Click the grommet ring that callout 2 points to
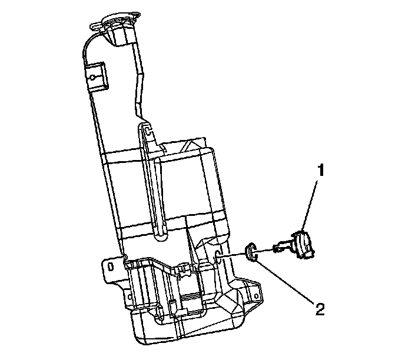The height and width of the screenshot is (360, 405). [252, 251]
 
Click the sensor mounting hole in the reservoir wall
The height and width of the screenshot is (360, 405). [218, 256]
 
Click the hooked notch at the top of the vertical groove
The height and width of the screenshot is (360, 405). [147, 128]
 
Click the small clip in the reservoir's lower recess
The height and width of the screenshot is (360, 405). [183, 270]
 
